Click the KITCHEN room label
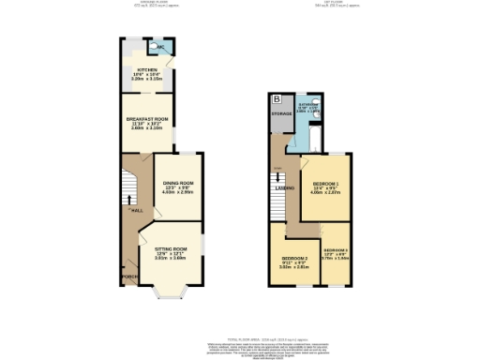coord(147,69)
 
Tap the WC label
coord(160,46)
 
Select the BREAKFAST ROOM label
coord(147,119)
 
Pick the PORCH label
coord(128,277)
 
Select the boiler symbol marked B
coord(276,98)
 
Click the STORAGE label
coord(281,113)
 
